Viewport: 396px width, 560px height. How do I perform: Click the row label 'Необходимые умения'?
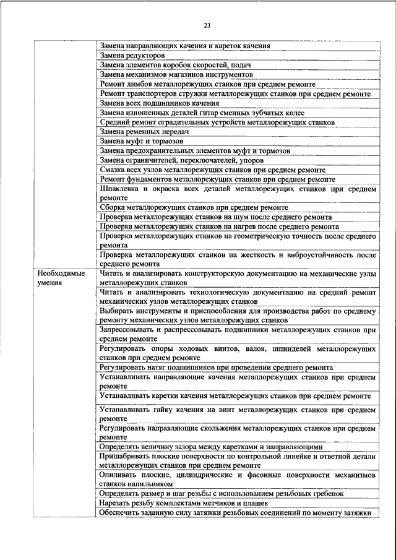(x=61, y=277)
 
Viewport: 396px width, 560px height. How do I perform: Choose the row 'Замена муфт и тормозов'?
(x=142, y=141)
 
